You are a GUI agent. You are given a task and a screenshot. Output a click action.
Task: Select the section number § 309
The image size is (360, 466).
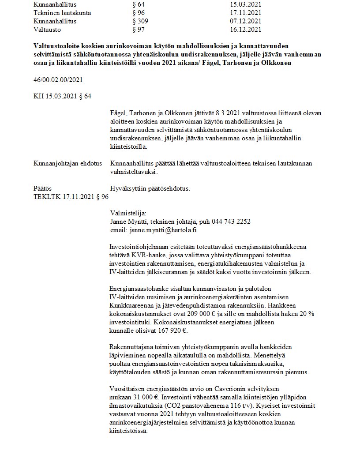140,21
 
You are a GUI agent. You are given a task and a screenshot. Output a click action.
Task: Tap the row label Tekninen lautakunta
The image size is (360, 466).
62,13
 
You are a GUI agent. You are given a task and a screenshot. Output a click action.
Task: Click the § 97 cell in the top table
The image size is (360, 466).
139,30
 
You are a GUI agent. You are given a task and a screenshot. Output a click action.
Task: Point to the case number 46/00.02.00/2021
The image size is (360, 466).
58,80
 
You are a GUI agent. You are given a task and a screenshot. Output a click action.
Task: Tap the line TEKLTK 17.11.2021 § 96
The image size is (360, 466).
71,197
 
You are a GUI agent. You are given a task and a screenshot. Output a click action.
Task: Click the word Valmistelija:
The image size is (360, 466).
127,213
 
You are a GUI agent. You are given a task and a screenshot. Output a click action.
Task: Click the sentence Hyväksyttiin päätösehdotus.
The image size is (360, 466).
150,188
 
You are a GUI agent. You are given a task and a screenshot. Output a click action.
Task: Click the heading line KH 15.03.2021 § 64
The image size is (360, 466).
63,96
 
